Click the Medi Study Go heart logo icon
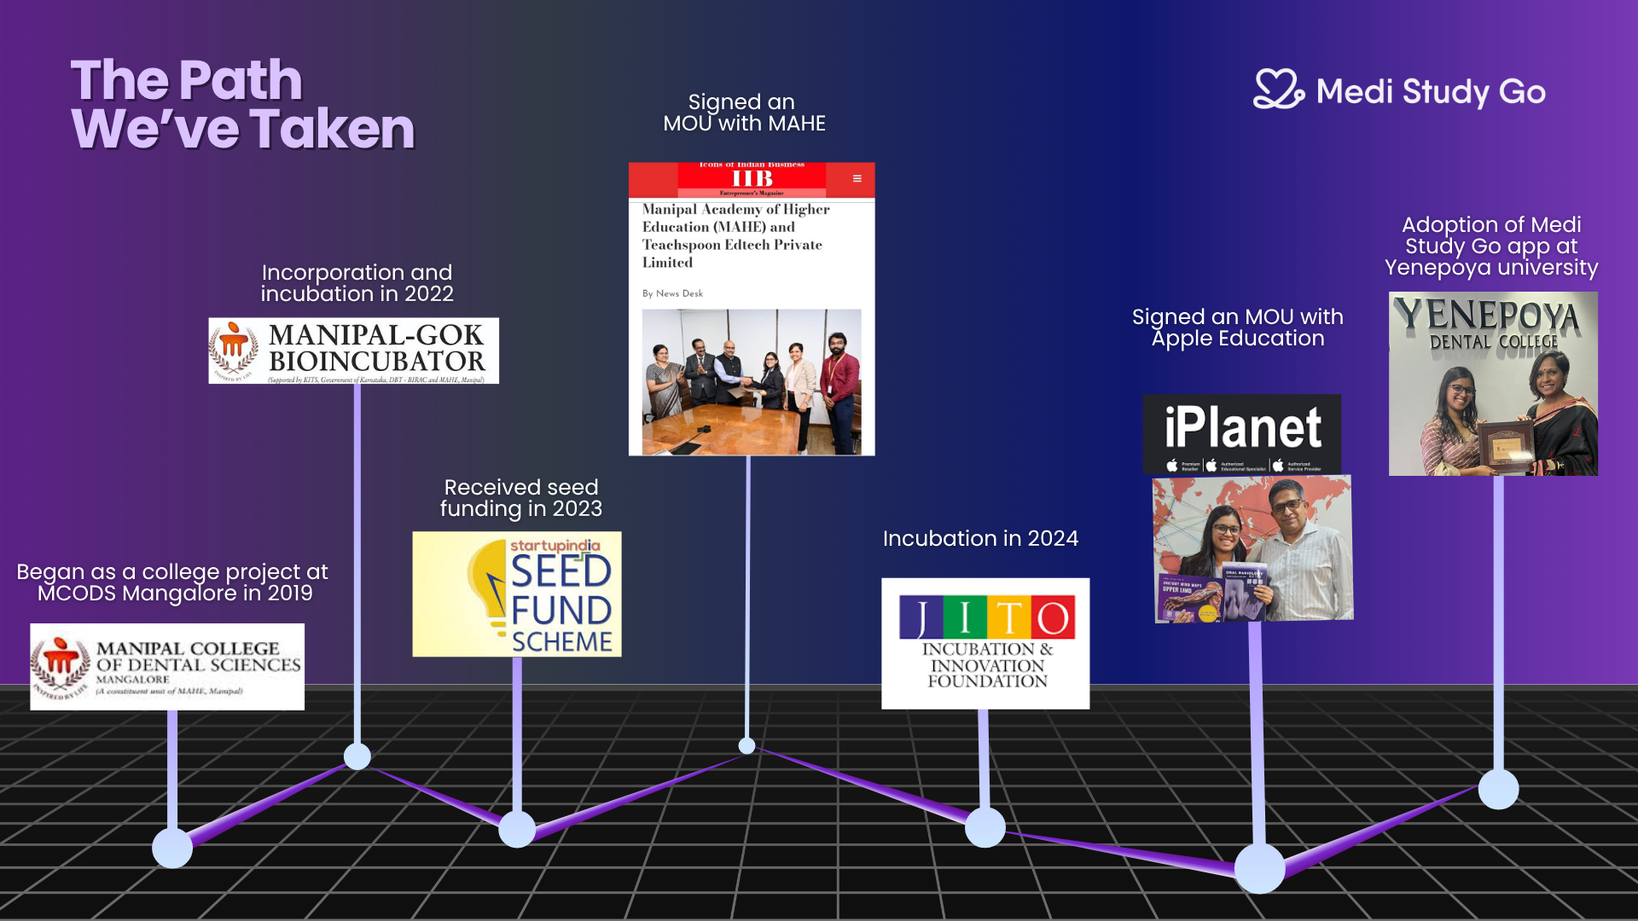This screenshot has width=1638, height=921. (1277, 90)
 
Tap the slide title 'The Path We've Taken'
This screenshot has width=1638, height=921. (242, 104)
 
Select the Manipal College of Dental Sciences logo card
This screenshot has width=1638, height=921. (167, 667)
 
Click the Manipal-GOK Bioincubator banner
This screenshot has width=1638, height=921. (353, 350)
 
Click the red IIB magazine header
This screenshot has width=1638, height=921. (751, 179)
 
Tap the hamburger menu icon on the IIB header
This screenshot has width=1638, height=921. (857, 178)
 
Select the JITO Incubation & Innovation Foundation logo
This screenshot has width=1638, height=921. (985, 643)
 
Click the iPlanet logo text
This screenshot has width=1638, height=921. (1242, 427)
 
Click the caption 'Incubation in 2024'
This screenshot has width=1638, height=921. (980, 538)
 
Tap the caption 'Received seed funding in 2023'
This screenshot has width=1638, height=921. (520, 498)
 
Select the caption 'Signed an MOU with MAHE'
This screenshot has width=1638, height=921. (744, 113)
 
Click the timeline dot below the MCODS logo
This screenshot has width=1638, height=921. (172, 848)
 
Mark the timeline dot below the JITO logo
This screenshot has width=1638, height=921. (985, 827)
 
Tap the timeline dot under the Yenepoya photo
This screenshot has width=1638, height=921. (1498, 789)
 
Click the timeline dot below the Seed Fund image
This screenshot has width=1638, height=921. (517, 829)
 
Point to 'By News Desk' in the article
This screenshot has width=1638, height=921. (672, 293)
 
